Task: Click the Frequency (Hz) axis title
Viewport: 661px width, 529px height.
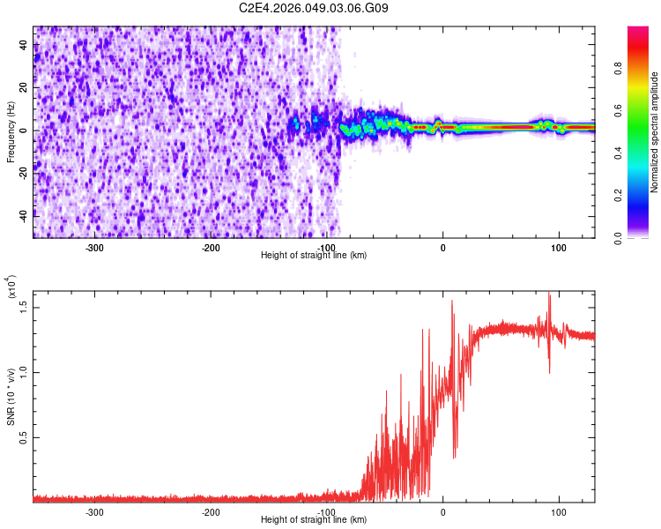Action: [x=11, y=131]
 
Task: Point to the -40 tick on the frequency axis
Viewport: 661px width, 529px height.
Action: [x=23, y=214]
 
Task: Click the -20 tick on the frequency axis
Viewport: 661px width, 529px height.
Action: [x=23, y=172]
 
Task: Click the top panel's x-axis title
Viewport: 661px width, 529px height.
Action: [x=314, y=255]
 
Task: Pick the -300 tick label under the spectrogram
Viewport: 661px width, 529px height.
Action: [x=94, y=247]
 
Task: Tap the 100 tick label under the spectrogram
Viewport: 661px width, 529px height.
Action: [x=558, y=247]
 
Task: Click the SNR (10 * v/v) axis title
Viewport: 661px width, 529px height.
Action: [x=11, y=397]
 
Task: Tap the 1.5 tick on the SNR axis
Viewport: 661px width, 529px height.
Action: [x=25, y=305]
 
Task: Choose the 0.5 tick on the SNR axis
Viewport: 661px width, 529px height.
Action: [x=25, y=437]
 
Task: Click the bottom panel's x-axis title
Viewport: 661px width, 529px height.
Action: [x=314, y=520]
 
